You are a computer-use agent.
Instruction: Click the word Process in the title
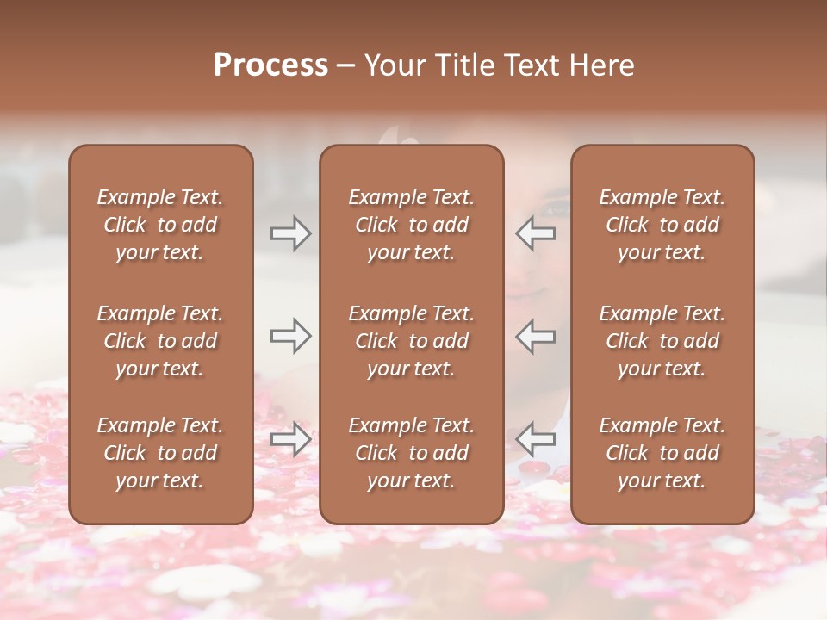[x=270, y=65]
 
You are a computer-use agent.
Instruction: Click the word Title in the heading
[x=462, y=65]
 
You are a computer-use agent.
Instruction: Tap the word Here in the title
[x=601, y=65]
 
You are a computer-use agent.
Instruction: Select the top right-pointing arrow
[x=290, y=232]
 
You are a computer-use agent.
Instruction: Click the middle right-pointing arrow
[x=290, y=336]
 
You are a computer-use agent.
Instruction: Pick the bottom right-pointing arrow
[x=290, y=439]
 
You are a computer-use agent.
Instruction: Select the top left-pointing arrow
[x=536, y=232]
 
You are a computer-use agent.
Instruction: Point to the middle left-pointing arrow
[x=536, y=336]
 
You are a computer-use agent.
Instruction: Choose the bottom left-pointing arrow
[x=536, y=439]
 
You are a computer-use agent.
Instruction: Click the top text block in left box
[x=160, y=225]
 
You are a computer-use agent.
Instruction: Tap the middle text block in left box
[x=160, y=341]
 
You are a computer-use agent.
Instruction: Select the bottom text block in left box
[x=160, y=453]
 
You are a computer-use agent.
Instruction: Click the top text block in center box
[x=411, y=225]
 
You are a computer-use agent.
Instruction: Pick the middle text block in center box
[x=411, y=341]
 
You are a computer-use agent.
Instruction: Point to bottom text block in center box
[x=411, y=453]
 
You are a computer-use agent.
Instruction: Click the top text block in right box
[x=662, y=225]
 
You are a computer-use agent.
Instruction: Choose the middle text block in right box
[x=662, y=341]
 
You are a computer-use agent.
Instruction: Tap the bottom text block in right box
[x=662, y=453]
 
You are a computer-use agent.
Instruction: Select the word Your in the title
[x=394, y=65]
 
